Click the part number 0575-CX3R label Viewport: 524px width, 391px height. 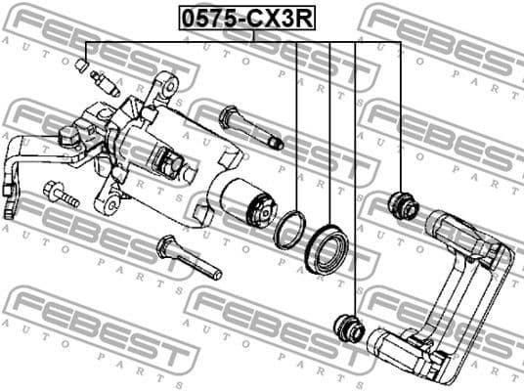251,18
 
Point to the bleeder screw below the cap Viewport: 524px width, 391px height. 103,81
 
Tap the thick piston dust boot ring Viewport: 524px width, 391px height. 327,245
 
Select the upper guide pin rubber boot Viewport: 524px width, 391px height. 403,205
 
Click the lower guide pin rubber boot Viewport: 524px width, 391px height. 348,326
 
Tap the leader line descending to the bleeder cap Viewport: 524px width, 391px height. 86,50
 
